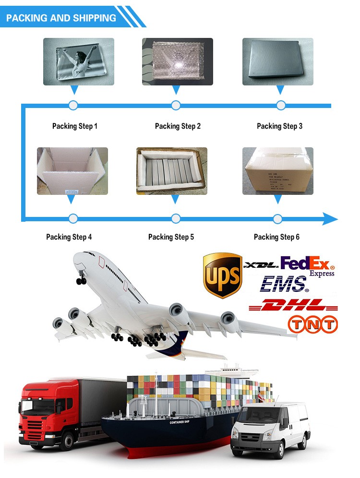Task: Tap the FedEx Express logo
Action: [307, 265]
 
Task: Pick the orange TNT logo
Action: [312, 324]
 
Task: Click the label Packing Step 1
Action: [75, 126]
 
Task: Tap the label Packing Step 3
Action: [279, 126]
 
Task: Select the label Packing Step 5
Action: [171, 237]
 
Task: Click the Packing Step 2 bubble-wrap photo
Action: [177, 61]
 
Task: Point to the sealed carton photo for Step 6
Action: [277, 171]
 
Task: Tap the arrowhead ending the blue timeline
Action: [330, 219]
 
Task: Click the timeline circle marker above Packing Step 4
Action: [73, 219]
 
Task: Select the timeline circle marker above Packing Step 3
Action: [281, 105]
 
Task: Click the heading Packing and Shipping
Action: [61, 18]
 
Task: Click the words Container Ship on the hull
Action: [180, 422]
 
